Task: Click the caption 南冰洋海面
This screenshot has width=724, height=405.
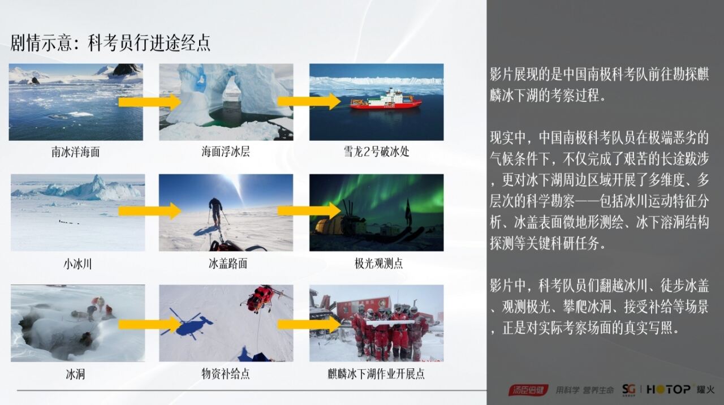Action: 76,152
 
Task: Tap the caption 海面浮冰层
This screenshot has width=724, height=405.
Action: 226,152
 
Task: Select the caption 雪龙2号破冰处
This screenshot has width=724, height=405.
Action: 376,152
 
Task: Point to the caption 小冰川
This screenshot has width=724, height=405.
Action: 77,264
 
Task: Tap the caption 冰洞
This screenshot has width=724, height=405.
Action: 75,374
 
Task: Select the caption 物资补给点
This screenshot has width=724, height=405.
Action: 226,374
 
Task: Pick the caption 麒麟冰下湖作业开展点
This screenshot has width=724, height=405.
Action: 376,374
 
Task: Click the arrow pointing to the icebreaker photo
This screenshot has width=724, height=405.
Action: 309,102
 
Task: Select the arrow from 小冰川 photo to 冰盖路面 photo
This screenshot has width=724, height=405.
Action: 149,211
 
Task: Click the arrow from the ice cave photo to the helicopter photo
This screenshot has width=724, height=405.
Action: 149,324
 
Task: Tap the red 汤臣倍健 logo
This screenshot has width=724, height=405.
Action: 527,390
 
